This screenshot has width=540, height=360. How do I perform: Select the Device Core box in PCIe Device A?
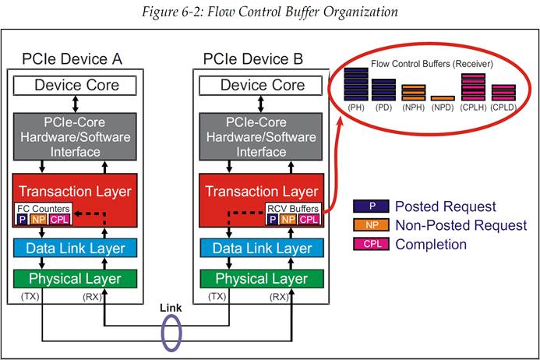tap(76, 86)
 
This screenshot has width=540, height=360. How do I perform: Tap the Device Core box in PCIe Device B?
tap(259, 86)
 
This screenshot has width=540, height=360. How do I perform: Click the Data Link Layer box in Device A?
tap(76, 248)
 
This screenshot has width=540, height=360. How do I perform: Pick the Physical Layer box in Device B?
tap(259, 278)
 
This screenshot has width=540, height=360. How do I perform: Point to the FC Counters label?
tap(43, 208)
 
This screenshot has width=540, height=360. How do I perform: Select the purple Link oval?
tap(170, 330)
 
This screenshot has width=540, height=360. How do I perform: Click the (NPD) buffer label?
tap(443, 107)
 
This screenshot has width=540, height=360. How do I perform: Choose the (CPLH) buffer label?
tap(473, 107)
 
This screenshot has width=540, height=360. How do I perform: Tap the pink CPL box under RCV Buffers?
tap(309, 219)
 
